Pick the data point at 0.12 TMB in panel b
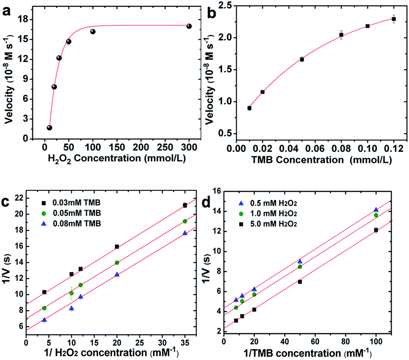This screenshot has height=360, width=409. pos(394,19)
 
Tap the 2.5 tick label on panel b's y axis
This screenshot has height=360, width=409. pos(224,5)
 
